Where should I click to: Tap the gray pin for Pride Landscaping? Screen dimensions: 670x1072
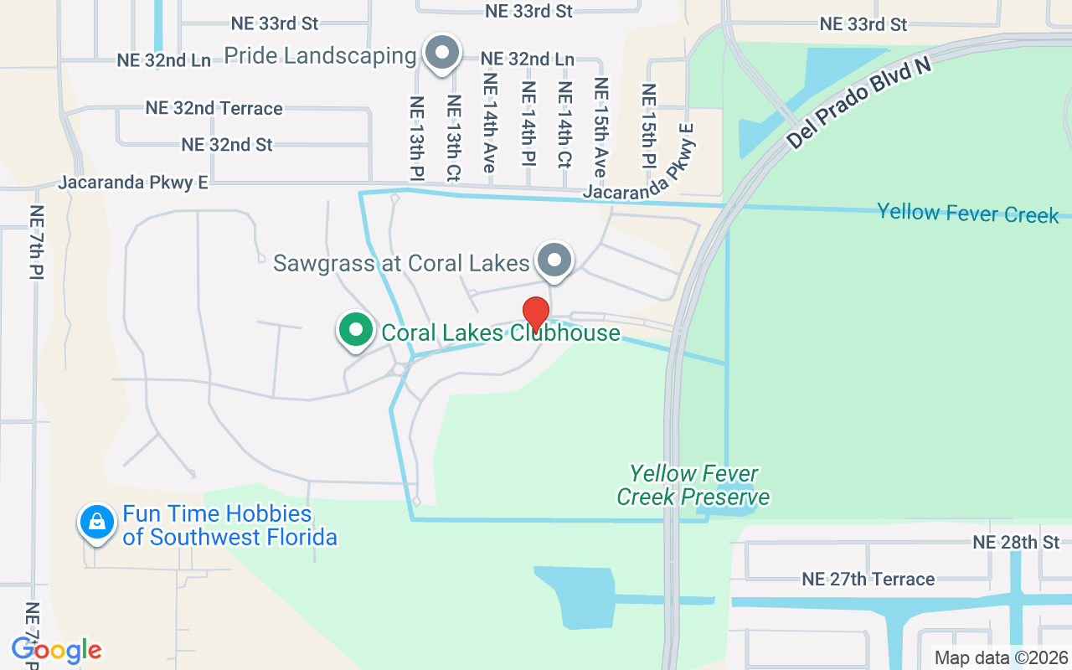click(x=442, y=53)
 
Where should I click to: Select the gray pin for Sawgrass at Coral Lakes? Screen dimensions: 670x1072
click(x=554, y=260)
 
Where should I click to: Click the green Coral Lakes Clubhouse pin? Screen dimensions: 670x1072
click(x=356, y=329)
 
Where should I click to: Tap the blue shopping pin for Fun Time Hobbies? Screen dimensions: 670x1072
click(x=97, y=523)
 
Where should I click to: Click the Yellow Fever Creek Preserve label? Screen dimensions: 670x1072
click(x=693, y=486)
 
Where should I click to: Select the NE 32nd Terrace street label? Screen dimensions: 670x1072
click(x=214, y=108)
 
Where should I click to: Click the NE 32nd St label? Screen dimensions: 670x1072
click(x=227, y=144)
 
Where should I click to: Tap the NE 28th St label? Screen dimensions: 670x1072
click(x=1016, y=543)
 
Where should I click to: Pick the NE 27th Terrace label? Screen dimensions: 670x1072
click(x=868, y=579)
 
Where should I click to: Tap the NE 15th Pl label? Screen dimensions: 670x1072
click(x=648, y=126)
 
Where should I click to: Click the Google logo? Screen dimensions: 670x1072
click(x=56, y=650)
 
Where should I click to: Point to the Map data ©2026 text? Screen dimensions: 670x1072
click(x=1001, y=658)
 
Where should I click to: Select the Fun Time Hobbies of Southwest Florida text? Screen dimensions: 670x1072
click(x=229, y=525)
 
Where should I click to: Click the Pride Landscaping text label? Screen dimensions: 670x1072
click(x=320, y=56)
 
